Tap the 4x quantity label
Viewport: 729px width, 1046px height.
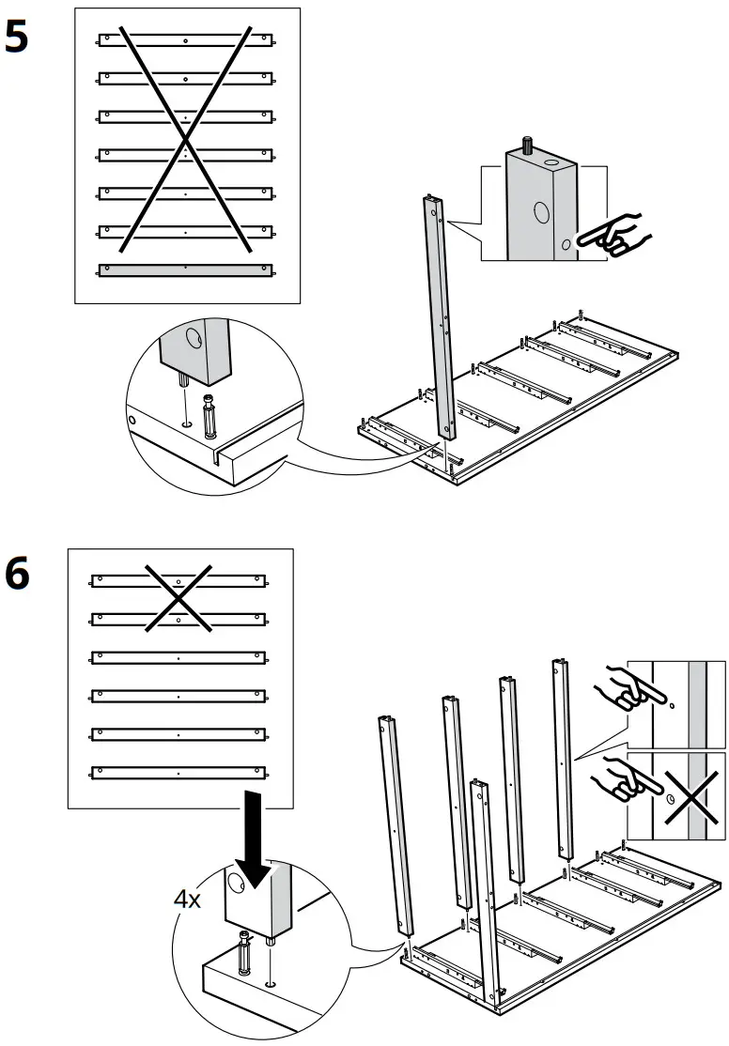click(187, 899)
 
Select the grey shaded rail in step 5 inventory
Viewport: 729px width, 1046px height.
click(186, 269)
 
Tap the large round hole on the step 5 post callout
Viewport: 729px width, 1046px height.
click(541, 213)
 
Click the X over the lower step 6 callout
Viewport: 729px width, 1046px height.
click(687, 792)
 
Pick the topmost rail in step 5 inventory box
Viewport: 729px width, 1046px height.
click(186, 40)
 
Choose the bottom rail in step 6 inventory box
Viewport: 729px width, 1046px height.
click(178, 773)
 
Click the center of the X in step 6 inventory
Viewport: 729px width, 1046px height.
click(178, 598)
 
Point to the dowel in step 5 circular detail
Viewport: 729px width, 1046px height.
click(209, 414)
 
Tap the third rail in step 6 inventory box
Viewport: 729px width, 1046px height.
click(178, 657)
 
